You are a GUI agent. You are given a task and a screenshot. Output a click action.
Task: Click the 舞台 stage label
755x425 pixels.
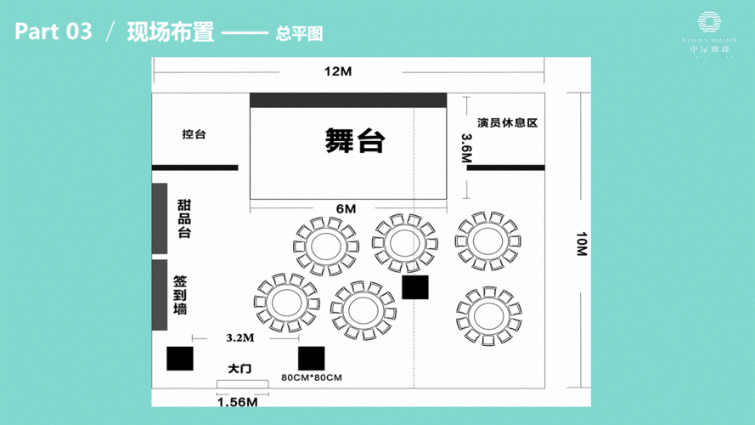click(354, 140)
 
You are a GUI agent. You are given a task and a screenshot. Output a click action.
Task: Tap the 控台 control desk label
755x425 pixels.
click(194, 134)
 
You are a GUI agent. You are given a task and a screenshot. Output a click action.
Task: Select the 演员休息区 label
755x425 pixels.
click(507, 123)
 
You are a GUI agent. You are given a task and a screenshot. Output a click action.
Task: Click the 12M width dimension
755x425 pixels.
click(337, 71)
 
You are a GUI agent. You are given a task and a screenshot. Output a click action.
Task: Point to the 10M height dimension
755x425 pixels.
click(580, 246)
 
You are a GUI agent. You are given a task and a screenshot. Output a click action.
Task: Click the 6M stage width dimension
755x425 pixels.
click(346, 208)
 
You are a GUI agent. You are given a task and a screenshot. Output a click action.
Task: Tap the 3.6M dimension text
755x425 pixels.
click(465, 147)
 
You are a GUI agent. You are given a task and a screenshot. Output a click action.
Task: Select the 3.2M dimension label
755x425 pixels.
click(240, 337)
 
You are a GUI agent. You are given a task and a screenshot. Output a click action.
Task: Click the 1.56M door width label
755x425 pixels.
click(237, 402)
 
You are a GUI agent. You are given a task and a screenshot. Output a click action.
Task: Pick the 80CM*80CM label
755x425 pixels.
click(312, 377)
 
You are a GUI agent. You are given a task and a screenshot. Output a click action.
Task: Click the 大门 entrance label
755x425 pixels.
click(239, 369)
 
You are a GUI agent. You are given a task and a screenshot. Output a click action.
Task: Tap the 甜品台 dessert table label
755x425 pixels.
click(183, 218)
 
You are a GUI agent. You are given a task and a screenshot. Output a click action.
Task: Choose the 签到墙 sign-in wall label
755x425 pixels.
click(180, 294)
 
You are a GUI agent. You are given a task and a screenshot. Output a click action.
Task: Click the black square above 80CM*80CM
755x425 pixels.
click(312, 358)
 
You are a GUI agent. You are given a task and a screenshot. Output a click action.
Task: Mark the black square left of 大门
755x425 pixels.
click(180, 359)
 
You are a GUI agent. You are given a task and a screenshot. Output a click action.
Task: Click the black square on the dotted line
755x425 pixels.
click(414, 287)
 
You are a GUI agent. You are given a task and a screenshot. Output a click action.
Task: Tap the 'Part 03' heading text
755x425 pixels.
click(53, 33)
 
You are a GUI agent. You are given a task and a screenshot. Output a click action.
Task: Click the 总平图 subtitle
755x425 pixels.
click(299, 35)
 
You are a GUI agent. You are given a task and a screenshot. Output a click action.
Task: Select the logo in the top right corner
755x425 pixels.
click(708, 31)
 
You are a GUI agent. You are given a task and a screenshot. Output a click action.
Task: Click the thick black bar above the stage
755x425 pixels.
click(348, 100)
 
